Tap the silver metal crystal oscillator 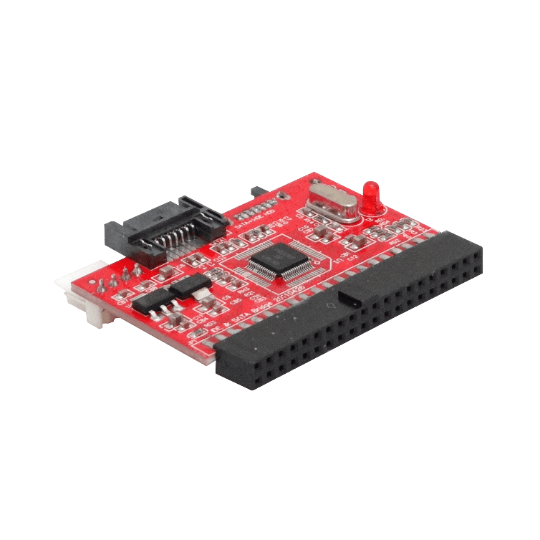pyautogui.click(x=331, y=202)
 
